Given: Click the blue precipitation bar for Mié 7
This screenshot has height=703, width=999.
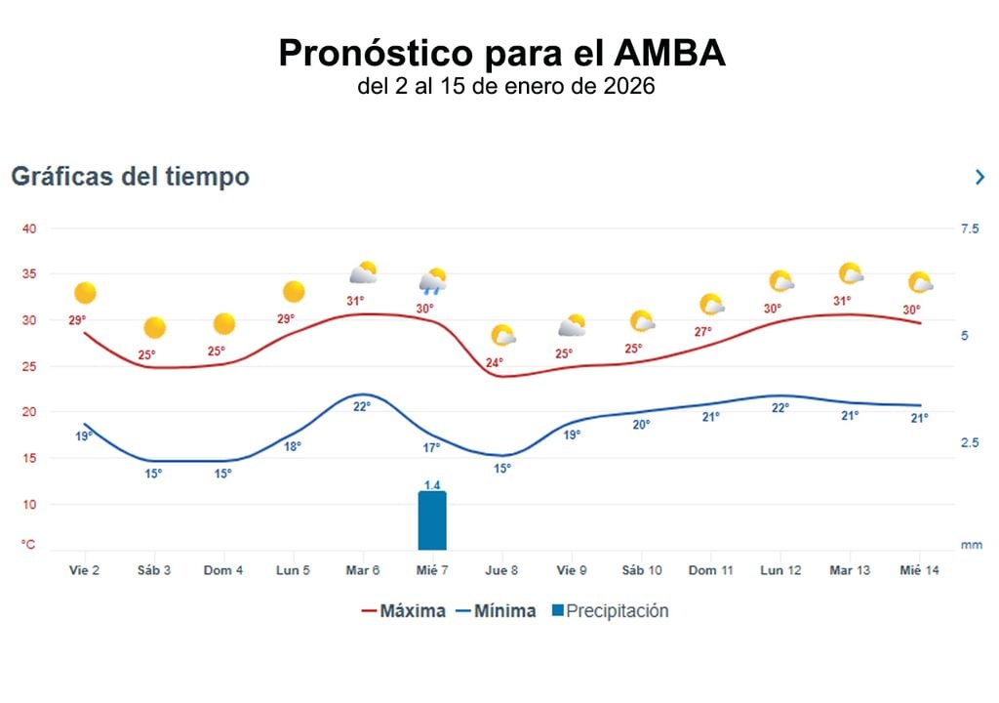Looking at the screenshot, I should click(432, 520).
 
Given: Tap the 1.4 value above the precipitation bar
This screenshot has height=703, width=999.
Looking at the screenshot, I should click(432, 484).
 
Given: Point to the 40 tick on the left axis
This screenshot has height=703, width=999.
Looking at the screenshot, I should click(29, 228).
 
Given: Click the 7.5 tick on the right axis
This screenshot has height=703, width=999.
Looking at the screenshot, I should click(969, 228).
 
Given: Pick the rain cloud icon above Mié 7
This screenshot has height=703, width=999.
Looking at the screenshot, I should click(433, 282).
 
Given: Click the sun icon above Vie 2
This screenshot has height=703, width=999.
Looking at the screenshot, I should click(85, 293).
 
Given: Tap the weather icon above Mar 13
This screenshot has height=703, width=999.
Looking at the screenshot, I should click(851, 274).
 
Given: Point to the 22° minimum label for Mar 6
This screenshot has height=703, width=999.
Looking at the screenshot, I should click(361, 406).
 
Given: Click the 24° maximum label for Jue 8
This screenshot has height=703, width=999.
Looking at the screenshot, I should click(495, 363).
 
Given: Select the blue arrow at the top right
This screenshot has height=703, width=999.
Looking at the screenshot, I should click(979, 177).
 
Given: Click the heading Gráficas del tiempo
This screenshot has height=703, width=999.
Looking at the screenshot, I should click(130, 177).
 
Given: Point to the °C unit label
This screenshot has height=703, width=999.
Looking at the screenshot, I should click(29, 545).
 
